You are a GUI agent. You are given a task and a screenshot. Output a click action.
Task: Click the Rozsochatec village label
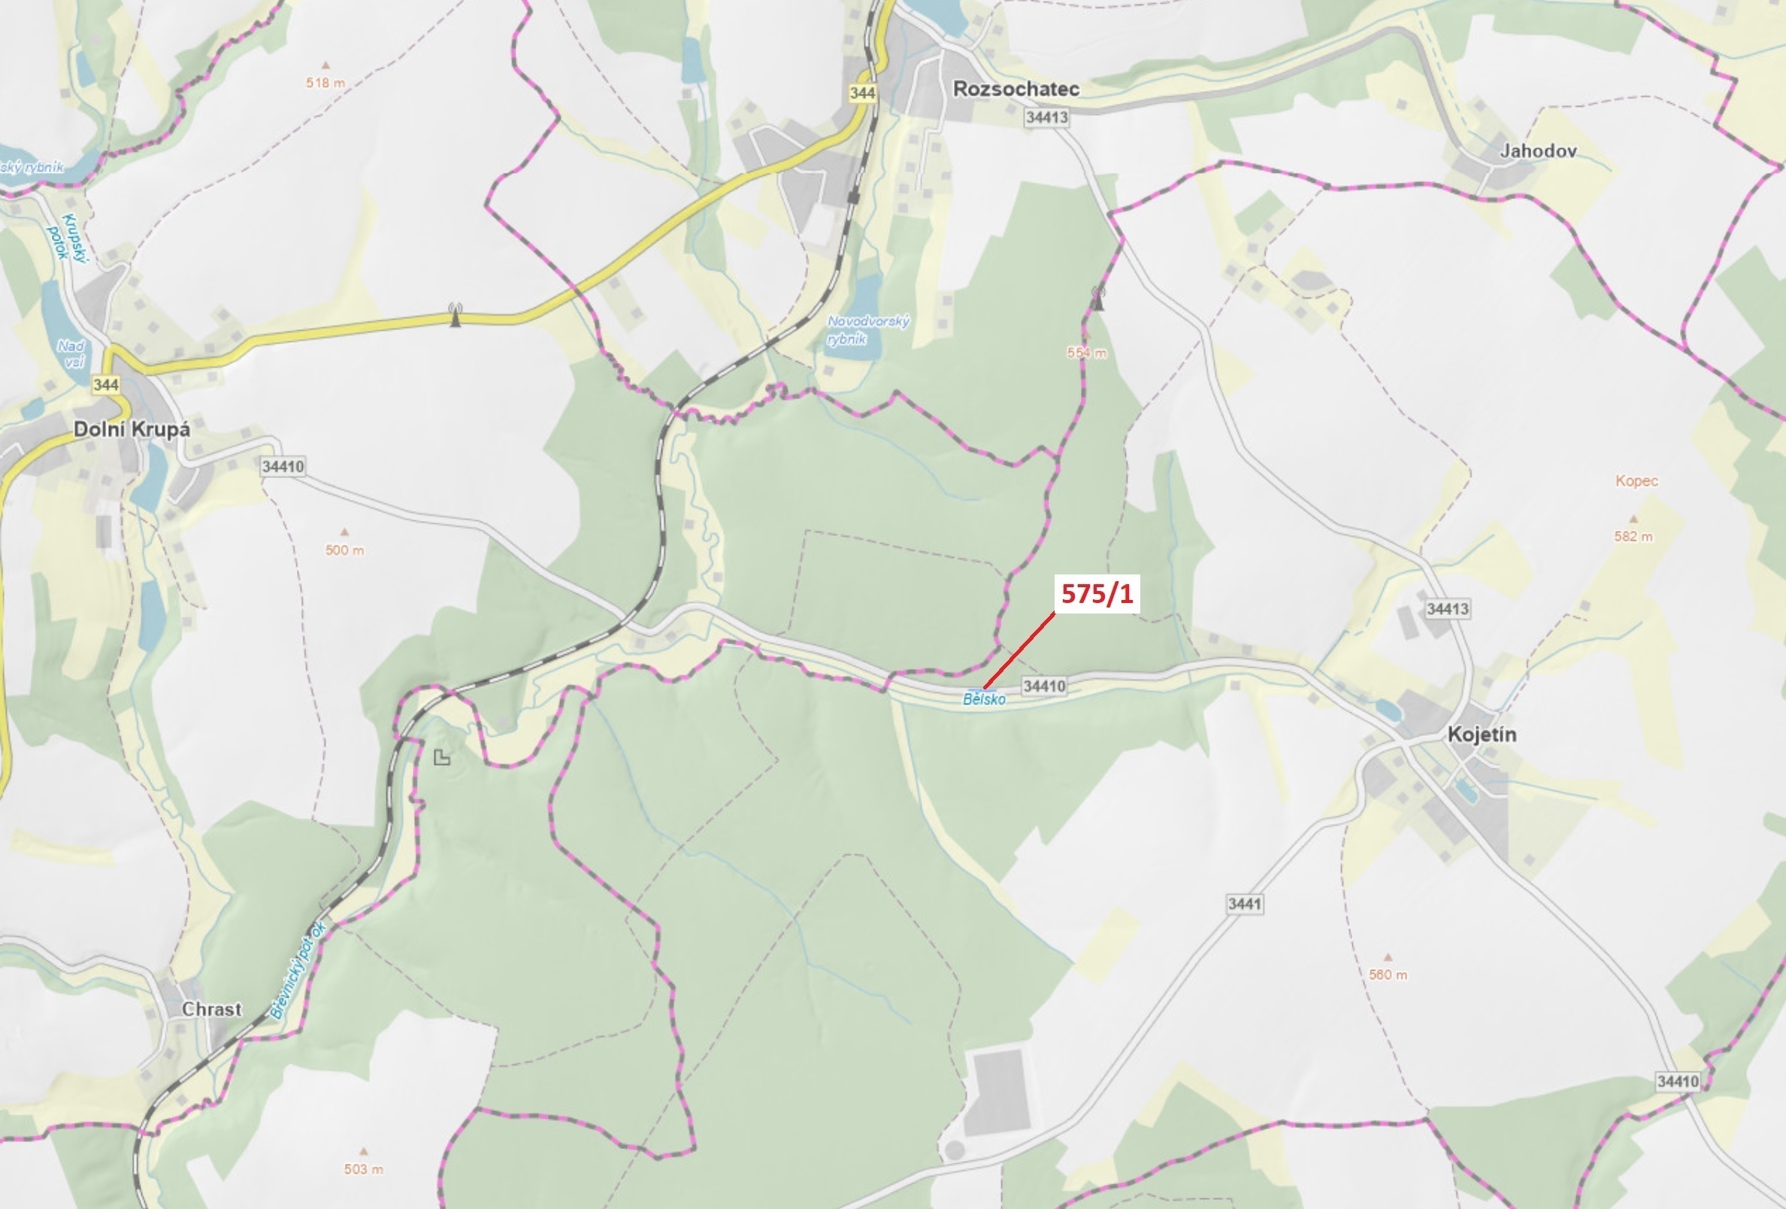(1016, 89)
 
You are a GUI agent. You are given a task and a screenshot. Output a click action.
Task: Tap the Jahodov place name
(1538, 150)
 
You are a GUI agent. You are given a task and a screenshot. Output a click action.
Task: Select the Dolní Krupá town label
(132, 429)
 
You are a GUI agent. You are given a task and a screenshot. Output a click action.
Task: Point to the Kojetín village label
(1482, 734)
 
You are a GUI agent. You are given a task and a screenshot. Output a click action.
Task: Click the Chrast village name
(211, 1009)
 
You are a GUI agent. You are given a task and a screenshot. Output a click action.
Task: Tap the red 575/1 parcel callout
(1097, 594)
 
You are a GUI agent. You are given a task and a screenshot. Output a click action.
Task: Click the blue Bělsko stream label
(984, 699)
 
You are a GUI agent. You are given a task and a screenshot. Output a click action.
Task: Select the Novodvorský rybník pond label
(867, 330)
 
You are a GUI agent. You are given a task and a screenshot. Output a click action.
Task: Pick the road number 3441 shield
(1244, 904)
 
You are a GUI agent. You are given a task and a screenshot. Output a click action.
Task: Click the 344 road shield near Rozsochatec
(862, 93)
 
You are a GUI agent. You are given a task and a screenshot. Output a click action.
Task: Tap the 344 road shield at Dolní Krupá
(105, 384)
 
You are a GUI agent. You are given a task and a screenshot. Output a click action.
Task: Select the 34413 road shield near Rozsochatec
(1046, 117)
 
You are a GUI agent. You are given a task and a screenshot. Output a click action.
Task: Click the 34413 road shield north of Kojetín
(1447, 609)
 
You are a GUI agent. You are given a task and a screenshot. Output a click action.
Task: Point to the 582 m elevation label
(1633, 537)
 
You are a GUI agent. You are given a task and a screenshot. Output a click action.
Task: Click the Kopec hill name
(1636, 481)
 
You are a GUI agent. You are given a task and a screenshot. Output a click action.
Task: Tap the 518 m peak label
(325, 82)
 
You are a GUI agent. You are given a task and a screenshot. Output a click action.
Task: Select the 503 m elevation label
(364, 1169)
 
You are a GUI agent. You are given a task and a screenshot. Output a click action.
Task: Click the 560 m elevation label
(1388, 974)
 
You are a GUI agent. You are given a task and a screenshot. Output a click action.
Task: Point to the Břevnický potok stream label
(298, 971)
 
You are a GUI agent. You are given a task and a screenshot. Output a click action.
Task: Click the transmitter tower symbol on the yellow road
(456, 315)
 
